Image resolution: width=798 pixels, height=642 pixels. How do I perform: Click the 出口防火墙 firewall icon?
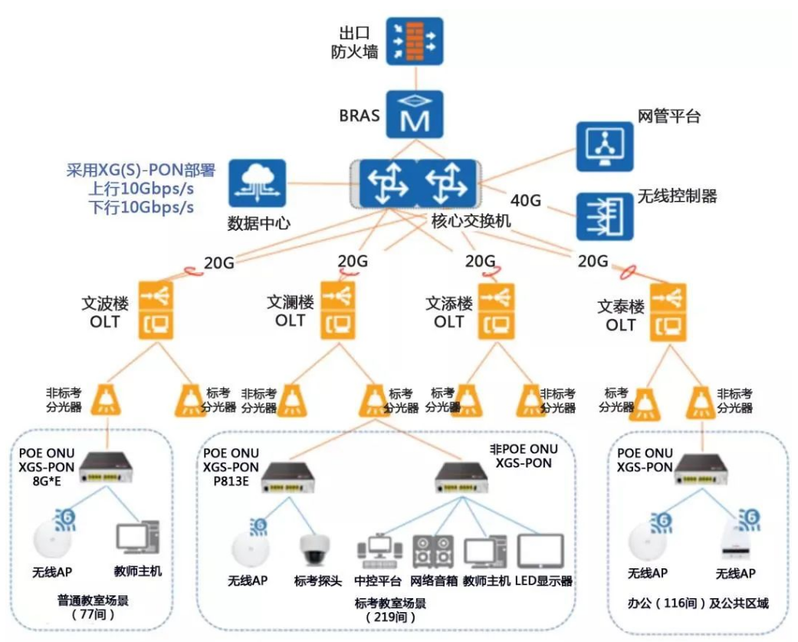(x=414, y=41)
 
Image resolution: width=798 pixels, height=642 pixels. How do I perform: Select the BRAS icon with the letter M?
(x=414, y=114)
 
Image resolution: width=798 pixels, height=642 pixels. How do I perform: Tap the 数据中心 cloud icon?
(x=257, y=183)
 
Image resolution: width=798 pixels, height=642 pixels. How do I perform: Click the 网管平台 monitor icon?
(x=605, y=147)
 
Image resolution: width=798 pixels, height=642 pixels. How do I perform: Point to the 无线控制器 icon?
(x=605, y=216)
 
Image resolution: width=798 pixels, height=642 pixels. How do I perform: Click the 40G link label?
(x=526, y=201)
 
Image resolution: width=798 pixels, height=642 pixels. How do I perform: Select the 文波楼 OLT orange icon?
(x=156, y=310)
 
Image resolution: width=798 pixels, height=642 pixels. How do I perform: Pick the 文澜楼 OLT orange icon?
(x=338, y=310)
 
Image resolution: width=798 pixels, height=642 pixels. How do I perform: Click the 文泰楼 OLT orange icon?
(x=668, y=312)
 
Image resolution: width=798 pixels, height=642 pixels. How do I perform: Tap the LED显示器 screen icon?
(x=540, y=551)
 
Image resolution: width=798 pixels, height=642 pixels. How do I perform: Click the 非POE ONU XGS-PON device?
(x=461, y=478)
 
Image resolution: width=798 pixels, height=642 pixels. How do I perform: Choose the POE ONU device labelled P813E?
(x=288, y=477)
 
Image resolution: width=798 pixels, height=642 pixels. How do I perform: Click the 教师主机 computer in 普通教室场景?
(x=137, y=538)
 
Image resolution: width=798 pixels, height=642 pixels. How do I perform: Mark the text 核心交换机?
(x=471, y=221)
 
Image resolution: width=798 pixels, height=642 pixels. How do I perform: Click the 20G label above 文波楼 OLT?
(x=218, y=262)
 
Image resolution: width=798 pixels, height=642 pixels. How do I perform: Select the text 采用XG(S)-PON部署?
(x=141, y=170)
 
